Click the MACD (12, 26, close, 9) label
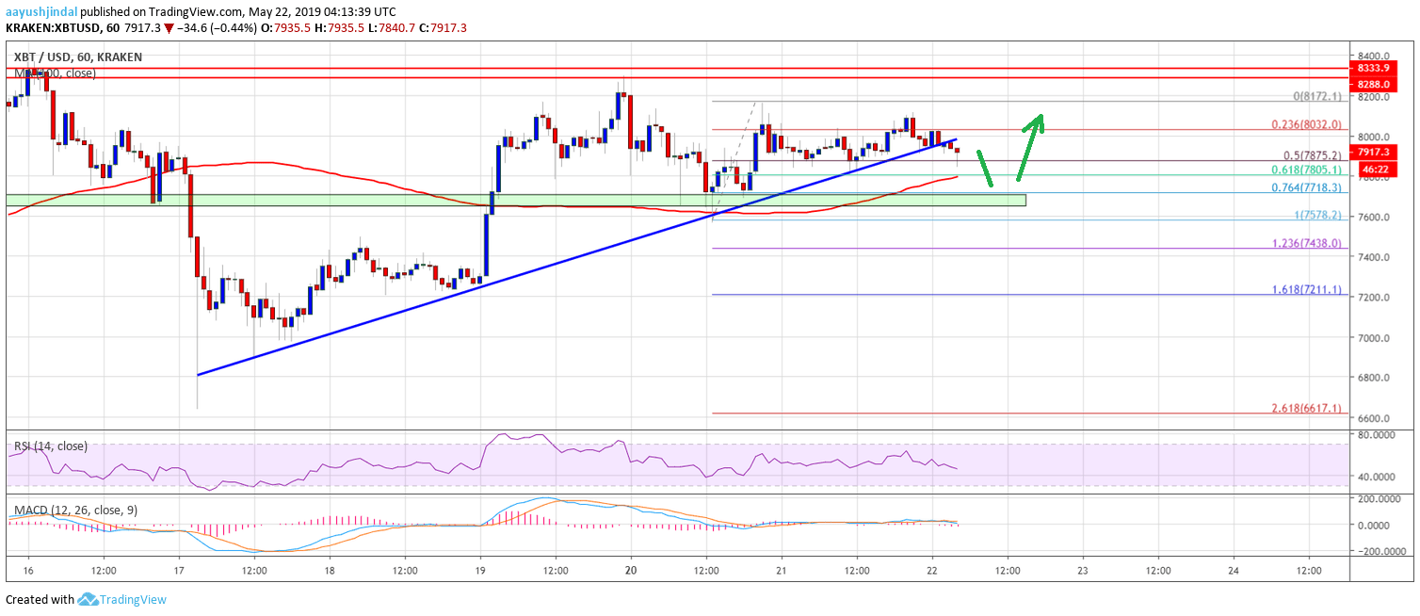click(x=75, y=511)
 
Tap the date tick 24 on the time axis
click(x=1234, y=571)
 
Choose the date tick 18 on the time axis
click(x=330, y=571)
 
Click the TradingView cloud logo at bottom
click(x=89, y=599)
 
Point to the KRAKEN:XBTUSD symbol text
click(x=47, y=28)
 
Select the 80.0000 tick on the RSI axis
click(x=1381, y=436)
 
